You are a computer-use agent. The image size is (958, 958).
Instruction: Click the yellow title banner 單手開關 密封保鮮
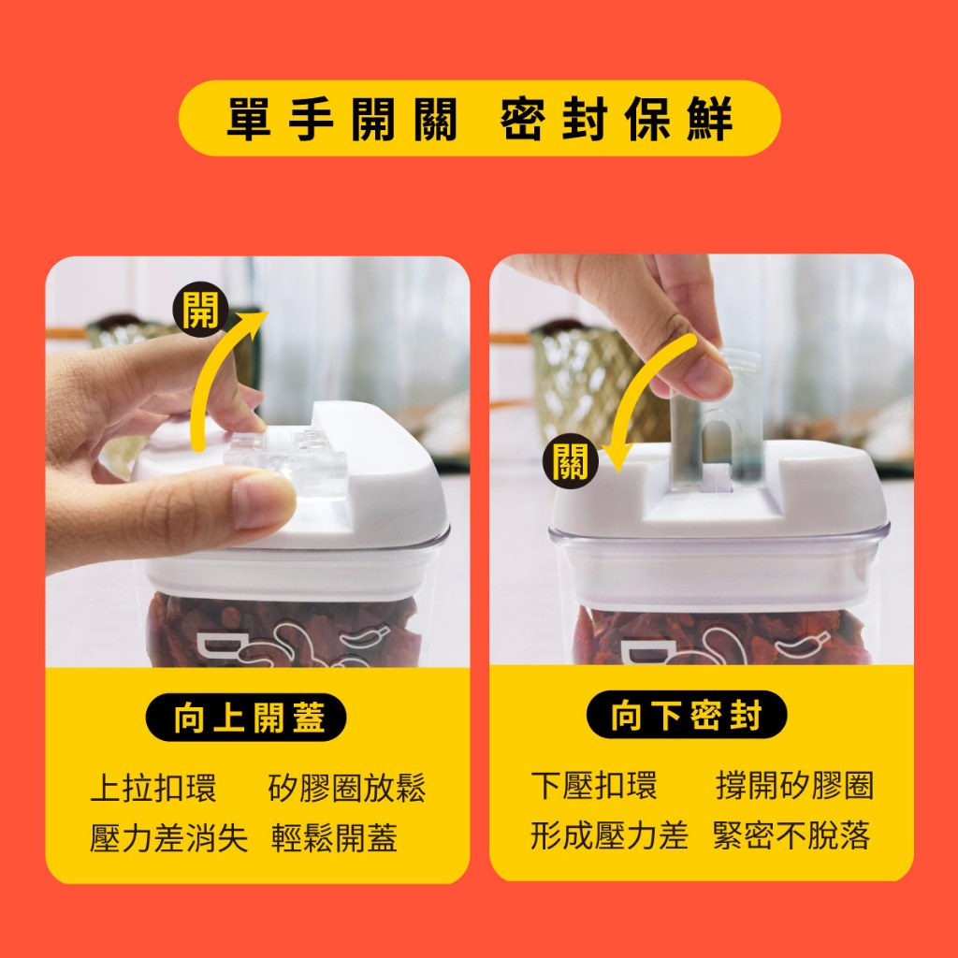(479, 118)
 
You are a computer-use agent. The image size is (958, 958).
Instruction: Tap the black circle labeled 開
(200, 309)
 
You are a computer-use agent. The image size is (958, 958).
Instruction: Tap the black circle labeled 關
(570, 460)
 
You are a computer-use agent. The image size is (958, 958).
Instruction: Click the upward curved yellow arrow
(210, 367)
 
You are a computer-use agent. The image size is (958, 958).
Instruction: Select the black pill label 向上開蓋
(246, 717)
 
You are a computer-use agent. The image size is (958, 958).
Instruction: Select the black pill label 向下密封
(686, 714)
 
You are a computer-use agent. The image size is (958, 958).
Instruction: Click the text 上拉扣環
(153, 788)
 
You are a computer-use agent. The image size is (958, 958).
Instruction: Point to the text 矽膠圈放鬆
(346, 788)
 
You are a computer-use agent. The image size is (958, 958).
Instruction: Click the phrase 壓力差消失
(168, 837)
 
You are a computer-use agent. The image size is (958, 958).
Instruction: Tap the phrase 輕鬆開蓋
(334, 837)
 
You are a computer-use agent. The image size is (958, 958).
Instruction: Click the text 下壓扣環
(594, 785)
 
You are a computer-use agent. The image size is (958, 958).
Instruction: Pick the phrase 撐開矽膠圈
(794, 785)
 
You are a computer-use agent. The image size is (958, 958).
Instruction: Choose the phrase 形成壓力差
(609, 835)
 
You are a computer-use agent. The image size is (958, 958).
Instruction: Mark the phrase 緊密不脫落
(791, 835)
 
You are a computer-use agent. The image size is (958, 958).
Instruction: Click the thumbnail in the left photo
(262, 500)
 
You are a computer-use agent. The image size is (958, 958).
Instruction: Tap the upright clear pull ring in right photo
(715, 422)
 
